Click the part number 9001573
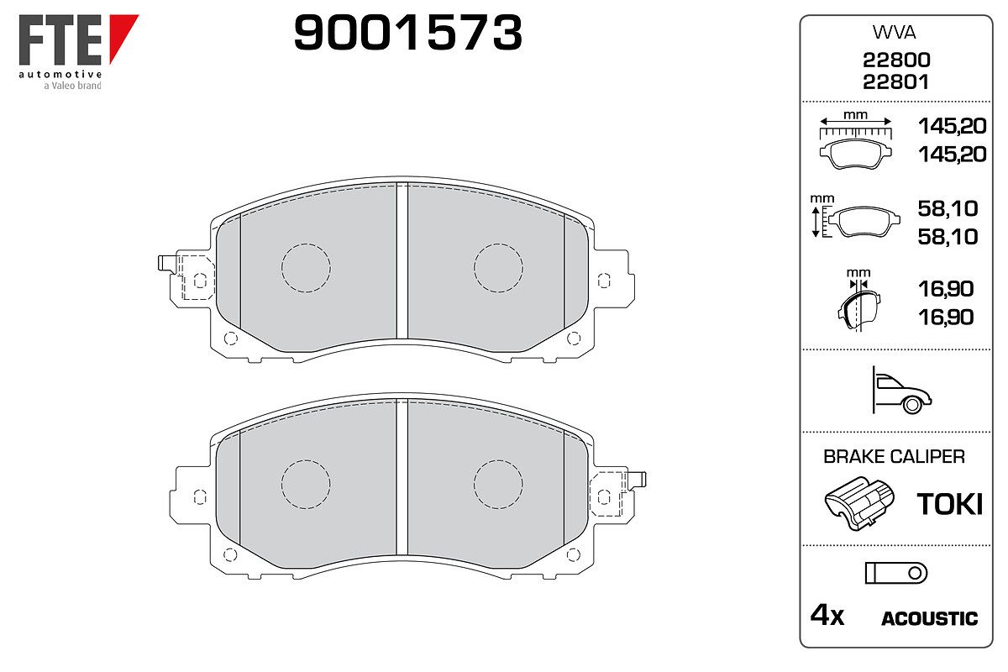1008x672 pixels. (407, 33)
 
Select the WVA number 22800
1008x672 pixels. (896, 60)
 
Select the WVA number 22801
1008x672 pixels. (895, 82)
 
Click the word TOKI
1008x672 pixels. (949, 504)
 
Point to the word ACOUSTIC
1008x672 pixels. (930, 618)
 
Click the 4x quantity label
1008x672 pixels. (827, 615)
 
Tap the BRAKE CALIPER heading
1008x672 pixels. (894, 456)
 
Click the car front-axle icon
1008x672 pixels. (901, 391)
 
